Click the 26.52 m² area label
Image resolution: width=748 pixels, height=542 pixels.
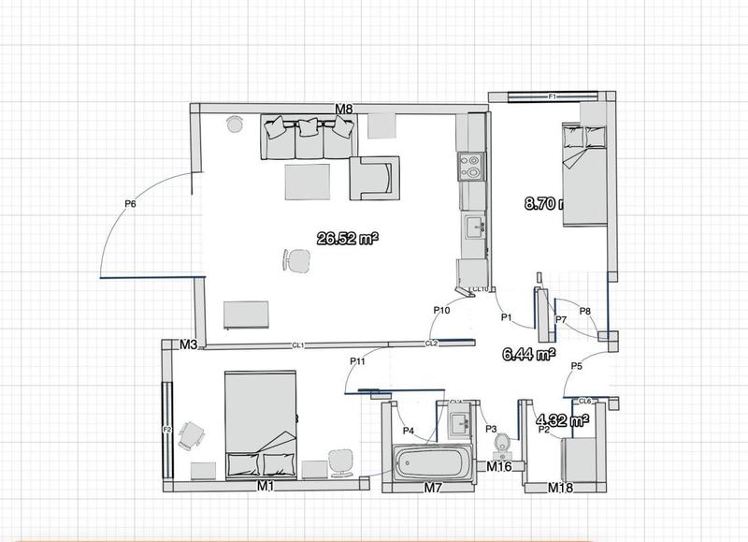point(347,239)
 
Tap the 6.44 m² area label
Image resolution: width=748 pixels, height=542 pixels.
point(527,354)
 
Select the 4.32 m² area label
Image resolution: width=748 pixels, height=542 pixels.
point(560,420)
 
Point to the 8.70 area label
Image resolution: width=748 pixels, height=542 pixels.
point(542,202)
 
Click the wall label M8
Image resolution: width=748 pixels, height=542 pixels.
point(344,110)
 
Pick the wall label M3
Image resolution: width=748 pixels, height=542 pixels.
point(188,345)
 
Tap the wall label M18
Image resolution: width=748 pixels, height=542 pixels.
point(560,488)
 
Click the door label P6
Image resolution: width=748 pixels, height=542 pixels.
point(130,203)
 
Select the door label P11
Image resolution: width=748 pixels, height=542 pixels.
point(357,360)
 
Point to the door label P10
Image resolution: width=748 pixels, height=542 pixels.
point(442,310)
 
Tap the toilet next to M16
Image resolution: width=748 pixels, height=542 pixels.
point(502,442)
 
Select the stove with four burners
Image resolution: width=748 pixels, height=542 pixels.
point(470,167)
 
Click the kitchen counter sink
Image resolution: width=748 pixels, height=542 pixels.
point(473,224)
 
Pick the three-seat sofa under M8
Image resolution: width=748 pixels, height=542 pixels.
point(308,138)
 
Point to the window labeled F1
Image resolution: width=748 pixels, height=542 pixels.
point(552,96)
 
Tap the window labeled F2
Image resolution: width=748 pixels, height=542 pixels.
point(168,430)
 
